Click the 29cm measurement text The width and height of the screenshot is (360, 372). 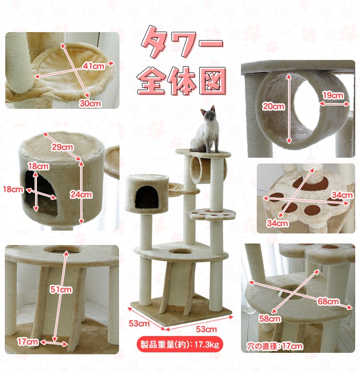[x=62, y=148]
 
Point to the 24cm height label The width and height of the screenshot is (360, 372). [x=81, y=195]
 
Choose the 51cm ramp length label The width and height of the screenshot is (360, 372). [x=61, y=290]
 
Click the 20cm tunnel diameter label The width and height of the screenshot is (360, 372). [x=274, y=107]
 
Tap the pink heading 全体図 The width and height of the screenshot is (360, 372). [x=181, y=80]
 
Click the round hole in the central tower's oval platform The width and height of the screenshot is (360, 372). [x=180, y=251]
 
